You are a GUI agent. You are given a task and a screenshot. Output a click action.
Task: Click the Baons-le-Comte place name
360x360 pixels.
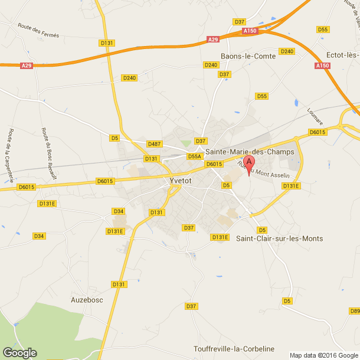[x=244, y=56]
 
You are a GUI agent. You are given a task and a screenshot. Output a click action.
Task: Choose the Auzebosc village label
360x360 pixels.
[x=87, y=299]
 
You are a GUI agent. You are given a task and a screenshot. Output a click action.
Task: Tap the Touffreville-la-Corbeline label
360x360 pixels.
[x=234, y=349]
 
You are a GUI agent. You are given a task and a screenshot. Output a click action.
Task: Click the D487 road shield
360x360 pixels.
[x=155, y=144]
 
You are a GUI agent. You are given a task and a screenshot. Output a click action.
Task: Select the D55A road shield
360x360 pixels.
[x=195, y=156]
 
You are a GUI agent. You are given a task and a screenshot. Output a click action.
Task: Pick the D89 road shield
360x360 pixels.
[x=354, y=311]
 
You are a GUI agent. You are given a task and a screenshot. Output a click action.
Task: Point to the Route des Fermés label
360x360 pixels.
[x=38, y=30]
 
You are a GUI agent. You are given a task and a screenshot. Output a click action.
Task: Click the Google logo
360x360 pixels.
[x=19, y=352]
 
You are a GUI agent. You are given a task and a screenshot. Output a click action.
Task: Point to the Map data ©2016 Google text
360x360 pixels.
[x=323, y=355]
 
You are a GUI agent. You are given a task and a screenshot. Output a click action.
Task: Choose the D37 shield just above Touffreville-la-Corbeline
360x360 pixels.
[x=191, y=306]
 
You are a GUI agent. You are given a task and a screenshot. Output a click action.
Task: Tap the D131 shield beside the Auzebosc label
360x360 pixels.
[x=120, y=284]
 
